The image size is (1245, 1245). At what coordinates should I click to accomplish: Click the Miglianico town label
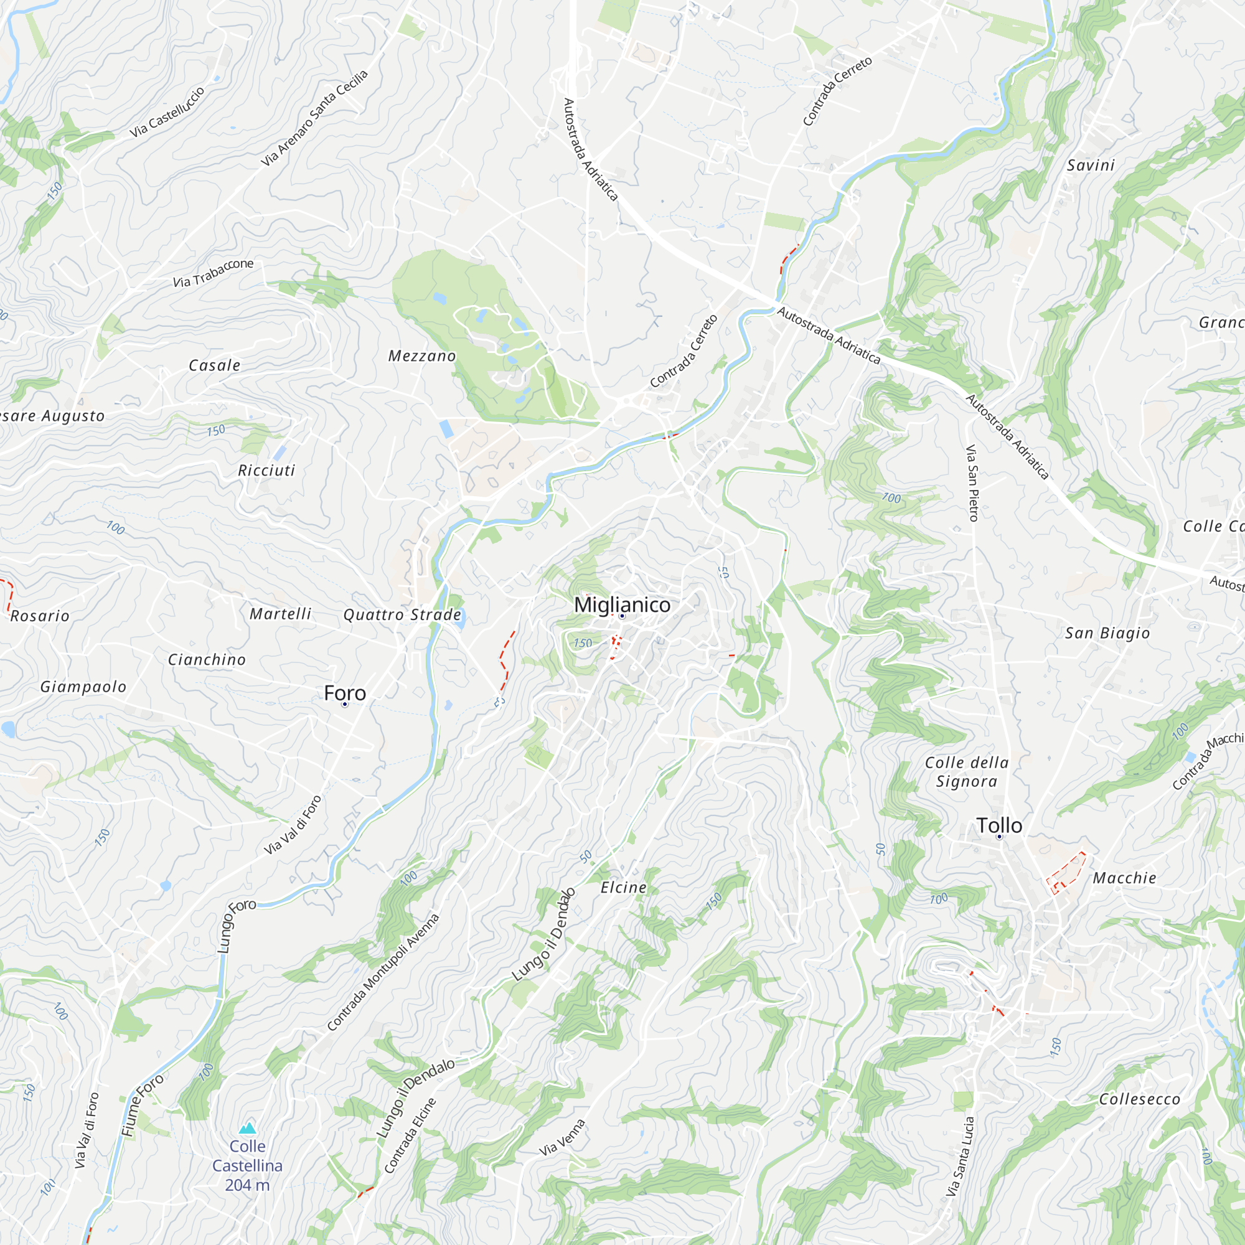click(x=622, y=604)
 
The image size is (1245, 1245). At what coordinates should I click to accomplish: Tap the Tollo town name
click(x=999, y=825)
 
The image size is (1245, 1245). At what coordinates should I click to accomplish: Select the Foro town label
click(x=345, y=693)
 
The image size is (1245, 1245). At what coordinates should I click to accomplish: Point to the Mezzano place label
click(x=422, y=355)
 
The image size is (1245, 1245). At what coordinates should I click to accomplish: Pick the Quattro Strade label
click(x=402, y=614)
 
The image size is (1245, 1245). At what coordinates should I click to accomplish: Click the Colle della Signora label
click(x=967, y=772)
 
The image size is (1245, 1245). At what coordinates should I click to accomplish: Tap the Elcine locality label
click(x=623, y=887)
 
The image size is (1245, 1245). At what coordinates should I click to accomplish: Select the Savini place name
click(x=1091, y=165)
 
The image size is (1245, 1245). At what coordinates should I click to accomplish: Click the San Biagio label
click(x=1107, y=633)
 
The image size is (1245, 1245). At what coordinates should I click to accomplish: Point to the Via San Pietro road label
click(x=972, y=482)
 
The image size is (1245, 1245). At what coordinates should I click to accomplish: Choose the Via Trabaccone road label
click(x=214, y=273)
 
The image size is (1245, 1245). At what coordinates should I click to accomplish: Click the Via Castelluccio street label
click(x=167, y=111)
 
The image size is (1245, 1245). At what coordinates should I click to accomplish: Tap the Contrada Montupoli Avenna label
click(x=383, y=972)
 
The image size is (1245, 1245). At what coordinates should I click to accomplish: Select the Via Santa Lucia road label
click(x=960, y=1157)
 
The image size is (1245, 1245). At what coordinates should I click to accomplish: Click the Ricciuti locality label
click(x=266, y=471)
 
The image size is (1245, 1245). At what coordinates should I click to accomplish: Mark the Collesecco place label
click(x=1139, y=1099)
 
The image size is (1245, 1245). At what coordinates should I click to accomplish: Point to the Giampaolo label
click(x=83, y=687)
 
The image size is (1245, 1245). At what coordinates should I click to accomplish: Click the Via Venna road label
click(x=563, y=1137)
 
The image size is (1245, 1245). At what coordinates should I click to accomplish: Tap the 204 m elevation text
click(x=248, y=1185)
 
